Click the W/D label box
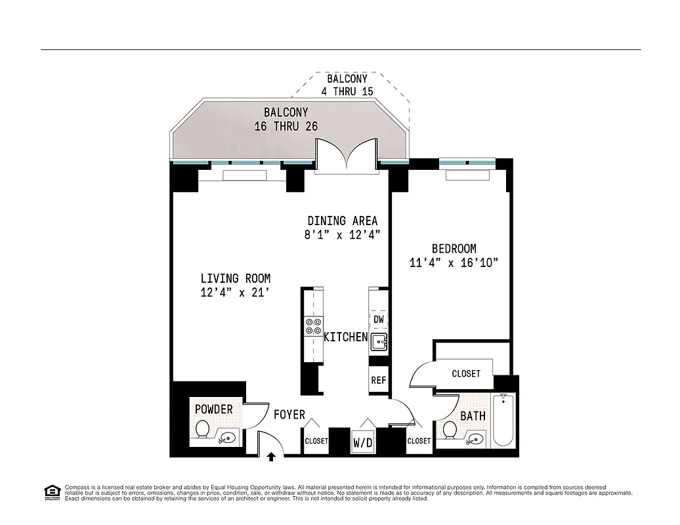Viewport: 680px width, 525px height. pyautogui.click(x=362, y=442)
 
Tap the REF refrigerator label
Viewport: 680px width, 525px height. pyautogui.click(x=379, y=380)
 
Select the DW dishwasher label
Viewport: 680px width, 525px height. pyautogui.click(x=379, y=320)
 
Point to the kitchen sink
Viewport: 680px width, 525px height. pyautogui.click(x=379, y=342)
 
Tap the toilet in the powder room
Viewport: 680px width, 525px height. pyautogui.click(x=203, y=430)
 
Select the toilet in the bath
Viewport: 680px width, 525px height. pyautogui.click(x=451, y=430)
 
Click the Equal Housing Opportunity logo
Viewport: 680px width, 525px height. pyautogui.click(x=51, y=492)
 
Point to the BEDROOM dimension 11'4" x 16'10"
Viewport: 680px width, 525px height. pyautogui.click(x=454, y=263)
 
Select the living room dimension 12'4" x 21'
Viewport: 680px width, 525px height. pyautogui.click(x=235, y=293)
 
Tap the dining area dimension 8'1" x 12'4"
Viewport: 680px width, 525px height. pyautogui.click(x=343, y=235)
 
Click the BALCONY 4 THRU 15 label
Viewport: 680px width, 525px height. pyautogui.click(x=347, y=85)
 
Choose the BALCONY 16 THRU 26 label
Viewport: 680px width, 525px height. pyautogui.click(x=286, y=119)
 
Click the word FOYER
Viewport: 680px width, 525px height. pyautogui.click(x=289, y=415)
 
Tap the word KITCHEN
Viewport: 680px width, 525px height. pyautogui.click(x=345, y=337)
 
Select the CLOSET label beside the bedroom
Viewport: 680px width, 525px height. pyautogui.click(x=466, y=373)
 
